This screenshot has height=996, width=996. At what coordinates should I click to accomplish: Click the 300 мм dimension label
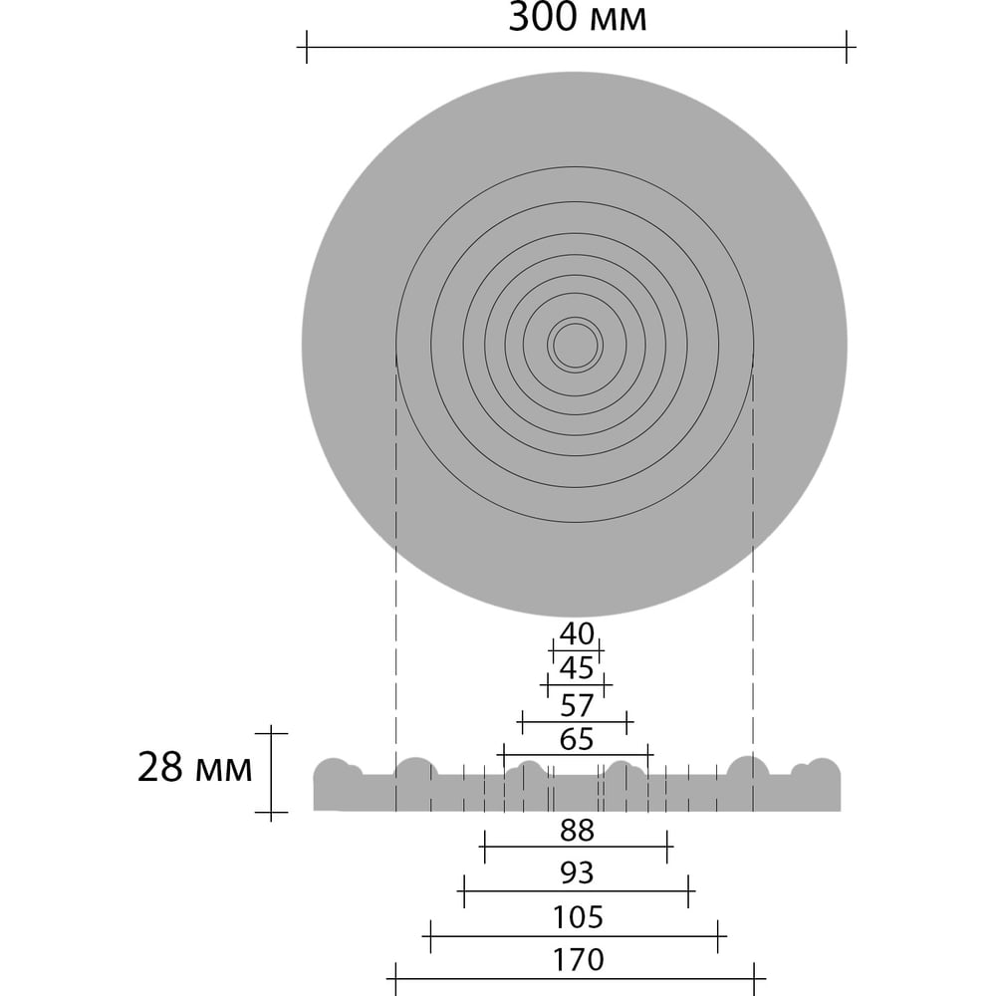[x=578, y=18]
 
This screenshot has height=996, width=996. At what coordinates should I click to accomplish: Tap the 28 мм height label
[x=195, y=767]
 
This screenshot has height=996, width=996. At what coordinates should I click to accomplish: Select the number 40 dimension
[x=577, y=633]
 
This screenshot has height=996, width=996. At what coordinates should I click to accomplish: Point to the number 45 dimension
[x=577, y=667]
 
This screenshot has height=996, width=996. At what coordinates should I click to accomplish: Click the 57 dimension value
[x=577, y=705]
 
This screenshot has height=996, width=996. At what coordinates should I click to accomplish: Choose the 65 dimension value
[x=577, y=739]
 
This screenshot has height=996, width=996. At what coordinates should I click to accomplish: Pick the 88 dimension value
[x=577, y=831]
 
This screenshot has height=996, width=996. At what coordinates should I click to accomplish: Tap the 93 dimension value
[x=577, y=873]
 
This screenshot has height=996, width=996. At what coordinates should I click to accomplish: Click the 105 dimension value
[x=578, y=917]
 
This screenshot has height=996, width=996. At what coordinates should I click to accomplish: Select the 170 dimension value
[x=578, y=960]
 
